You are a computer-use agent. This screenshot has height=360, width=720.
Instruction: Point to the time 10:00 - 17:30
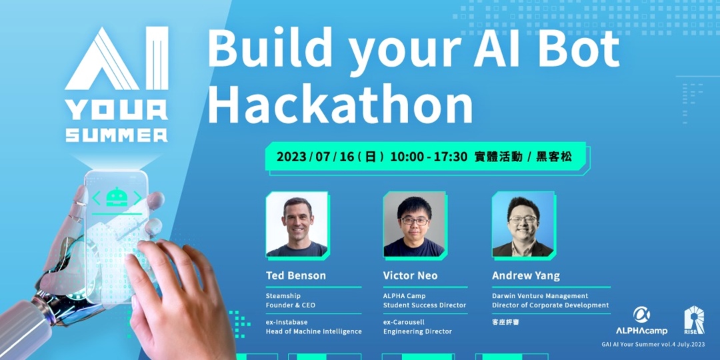point(428,157)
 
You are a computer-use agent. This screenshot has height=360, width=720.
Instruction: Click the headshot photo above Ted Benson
point(297,225)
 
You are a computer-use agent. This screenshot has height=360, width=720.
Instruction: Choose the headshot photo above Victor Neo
point(414,225)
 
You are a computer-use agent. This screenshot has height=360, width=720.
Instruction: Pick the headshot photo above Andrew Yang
point(523,225)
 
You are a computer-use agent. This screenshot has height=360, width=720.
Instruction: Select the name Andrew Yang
point(526,275)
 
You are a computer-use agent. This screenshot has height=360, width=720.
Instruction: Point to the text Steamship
point(283,296)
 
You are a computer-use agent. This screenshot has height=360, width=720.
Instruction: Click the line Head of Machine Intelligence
point(313,331)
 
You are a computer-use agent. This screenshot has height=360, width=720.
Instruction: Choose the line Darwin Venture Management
point(540,296)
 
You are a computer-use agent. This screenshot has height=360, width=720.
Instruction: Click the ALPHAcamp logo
point(641,321)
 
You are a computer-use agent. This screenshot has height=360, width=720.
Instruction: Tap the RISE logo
point(694,320)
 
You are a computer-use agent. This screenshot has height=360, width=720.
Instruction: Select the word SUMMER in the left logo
point(117,134)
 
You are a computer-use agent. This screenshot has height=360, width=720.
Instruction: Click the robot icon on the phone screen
point(117,197)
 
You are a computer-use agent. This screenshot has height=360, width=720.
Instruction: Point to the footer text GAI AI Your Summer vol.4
point(634,345)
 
